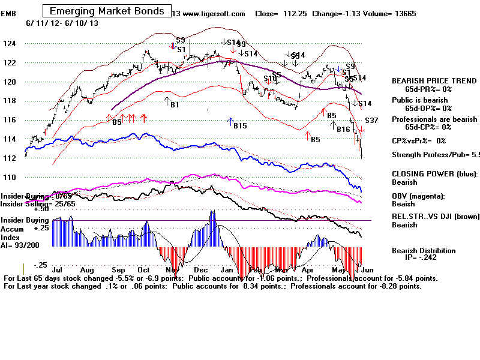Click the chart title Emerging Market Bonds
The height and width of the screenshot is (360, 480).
click(106, 11)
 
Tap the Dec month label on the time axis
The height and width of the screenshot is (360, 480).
click(200, 271)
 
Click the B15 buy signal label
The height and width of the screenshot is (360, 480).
click(240, 126)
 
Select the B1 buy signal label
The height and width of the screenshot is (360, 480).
click(175, 105)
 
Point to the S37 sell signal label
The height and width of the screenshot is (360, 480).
click(371, 121)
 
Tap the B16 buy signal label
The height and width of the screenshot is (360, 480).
click(343, 129)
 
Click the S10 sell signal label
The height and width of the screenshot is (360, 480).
click(270, 79)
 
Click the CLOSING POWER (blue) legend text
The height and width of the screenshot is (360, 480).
click(434, 173)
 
